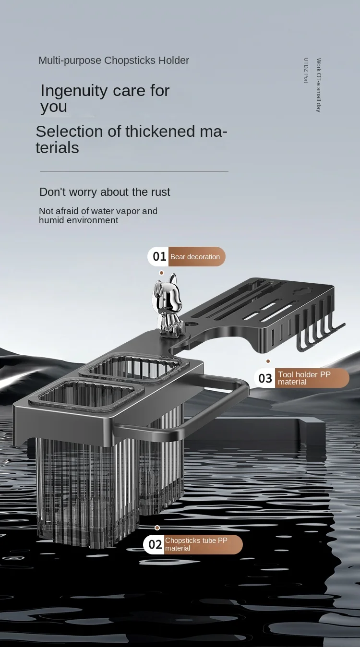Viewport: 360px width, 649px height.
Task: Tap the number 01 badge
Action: coord(159,257)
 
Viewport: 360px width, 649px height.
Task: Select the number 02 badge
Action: coord(155,544)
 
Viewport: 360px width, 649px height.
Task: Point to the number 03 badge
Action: coord(265,378)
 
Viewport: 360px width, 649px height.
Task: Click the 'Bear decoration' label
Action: coord(195,257)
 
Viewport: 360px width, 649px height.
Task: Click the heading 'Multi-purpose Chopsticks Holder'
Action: coord(114,60)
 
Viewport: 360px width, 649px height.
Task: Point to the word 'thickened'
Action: coord(160,131)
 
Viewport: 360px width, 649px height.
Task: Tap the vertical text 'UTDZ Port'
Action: coord(306,71)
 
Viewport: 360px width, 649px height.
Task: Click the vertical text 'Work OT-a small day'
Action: coord(319,85)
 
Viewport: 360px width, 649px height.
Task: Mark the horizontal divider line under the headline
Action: coord(134,171)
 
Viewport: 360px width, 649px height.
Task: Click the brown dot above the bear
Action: coord(162,273)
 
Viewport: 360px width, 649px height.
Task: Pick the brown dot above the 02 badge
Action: coord(157,528)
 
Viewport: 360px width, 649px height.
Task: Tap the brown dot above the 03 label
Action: coord(268,361)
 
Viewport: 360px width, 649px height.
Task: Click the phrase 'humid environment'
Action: coord(78,220)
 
